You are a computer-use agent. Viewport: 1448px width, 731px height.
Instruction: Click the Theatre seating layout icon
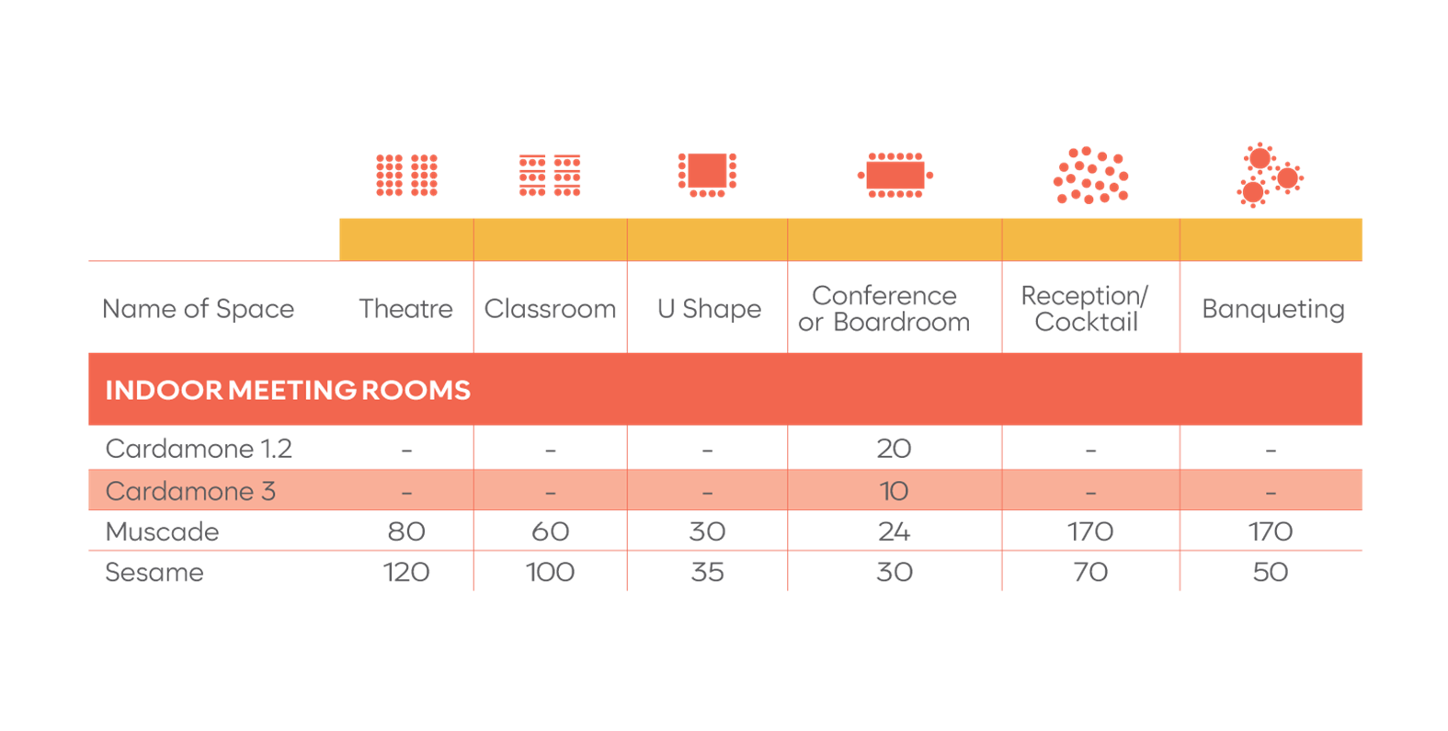point(406,175)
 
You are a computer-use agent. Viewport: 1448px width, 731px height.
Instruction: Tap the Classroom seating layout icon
point(550,175)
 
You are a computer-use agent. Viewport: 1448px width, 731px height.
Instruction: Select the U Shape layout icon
point(707,175)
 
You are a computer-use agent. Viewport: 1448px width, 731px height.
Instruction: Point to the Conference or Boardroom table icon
point(895,175)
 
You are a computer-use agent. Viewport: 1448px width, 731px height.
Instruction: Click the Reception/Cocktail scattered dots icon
point(1090,175)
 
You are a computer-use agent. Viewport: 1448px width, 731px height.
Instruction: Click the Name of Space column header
point(198,309)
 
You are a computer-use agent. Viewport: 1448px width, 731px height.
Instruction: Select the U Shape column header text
point(709,309)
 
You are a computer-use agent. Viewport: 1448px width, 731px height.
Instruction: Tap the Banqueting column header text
point(1272,310)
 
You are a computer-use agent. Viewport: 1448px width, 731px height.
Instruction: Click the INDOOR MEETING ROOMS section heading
point(288,391)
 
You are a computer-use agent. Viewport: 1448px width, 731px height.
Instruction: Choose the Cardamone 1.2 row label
point(199,449)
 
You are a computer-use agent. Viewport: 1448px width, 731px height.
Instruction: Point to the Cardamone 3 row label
point(190,491)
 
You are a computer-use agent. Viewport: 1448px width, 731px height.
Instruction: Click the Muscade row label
point(162,532)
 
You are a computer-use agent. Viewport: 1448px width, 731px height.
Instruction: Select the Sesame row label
point(154,573)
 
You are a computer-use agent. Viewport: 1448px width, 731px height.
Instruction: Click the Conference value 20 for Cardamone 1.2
point(894,449)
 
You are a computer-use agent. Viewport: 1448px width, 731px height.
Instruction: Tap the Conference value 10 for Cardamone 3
point(894,491)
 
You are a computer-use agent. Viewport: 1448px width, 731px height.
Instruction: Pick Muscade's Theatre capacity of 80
point(406,532)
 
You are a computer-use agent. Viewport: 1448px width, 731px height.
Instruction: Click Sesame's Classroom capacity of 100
point(550,573)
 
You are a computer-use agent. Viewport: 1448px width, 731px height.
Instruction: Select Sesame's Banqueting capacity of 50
point(1271,573)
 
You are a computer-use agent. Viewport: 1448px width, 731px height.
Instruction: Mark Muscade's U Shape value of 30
point(707,532)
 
